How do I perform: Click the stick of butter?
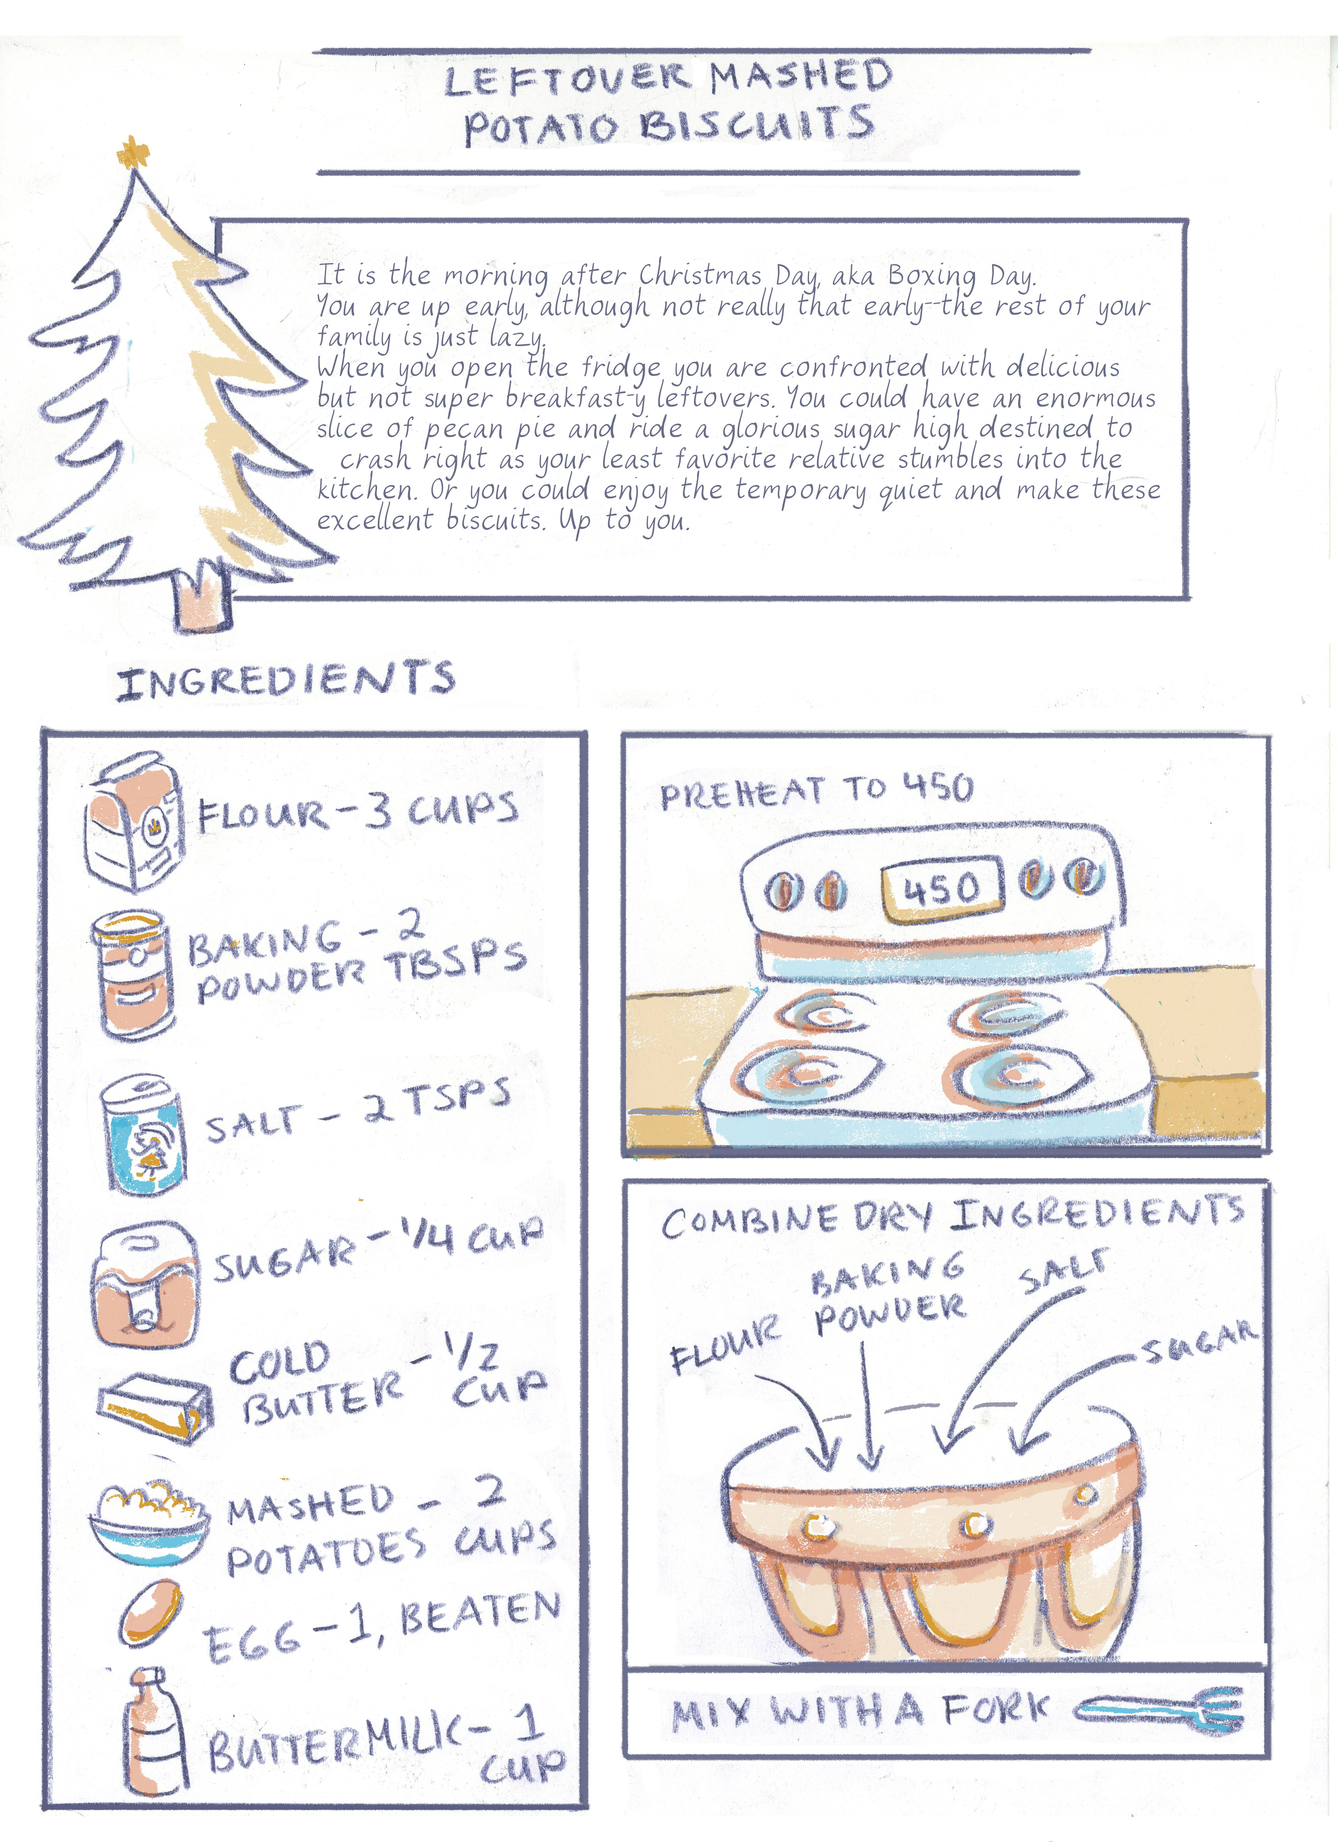tap(154, 1409)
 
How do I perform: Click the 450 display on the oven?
tap(942, 889)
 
